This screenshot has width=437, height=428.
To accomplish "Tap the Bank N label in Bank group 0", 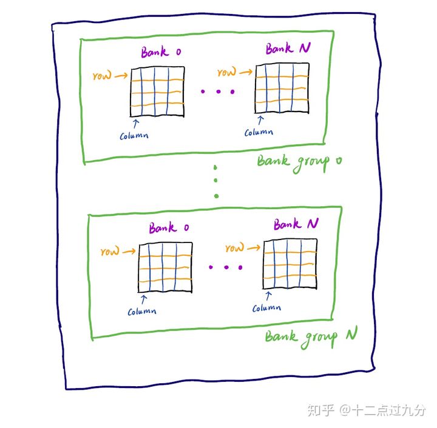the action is pos(287,48).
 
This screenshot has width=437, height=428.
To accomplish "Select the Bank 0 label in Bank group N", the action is pos(169,229).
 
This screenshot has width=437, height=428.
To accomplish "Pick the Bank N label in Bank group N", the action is pos(296,225).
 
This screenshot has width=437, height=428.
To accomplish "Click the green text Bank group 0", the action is pos(299,162).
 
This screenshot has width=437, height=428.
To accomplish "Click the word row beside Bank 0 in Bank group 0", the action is pos(102,77).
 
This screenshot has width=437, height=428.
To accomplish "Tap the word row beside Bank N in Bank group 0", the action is pos(226,73).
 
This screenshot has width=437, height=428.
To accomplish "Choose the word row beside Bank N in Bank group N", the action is pos(234,249).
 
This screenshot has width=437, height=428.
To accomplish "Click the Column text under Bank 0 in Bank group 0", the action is pos(134,135).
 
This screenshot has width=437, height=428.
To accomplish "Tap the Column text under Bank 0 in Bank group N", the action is pos(142,312).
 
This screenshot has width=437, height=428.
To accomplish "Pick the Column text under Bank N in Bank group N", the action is pos(266,308).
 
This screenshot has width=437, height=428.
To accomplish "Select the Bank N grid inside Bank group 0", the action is pos(279,89).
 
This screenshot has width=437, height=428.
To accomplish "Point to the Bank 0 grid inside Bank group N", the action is pos(166,267).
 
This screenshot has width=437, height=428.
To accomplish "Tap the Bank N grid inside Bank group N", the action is pos(290,263).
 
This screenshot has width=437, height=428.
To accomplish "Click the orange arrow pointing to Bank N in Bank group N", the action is pos(254,246).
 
